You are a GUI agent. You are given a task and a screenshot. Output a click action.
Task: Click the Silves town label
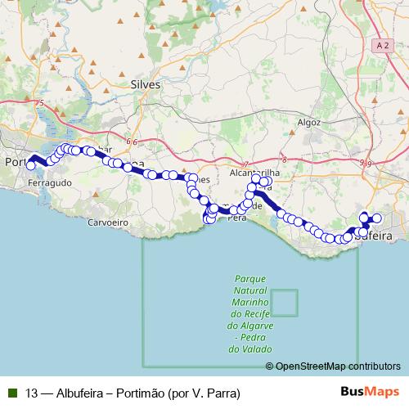pos(146,84)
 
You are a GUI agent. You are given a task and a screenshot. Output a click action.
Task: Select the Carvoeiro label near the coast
pos(109,222)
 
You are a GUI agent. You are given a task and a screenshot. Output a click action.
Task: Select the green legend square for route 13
pos(11,393)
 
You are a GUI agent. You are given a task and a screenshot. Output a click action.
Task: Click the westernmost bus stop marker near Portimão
pos(31,165)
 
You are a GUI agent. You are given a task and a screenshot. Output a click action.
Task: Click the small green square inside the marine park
pos(285,303)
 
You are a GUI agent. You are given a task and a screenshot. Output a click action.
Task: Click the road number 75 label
pos(40,104)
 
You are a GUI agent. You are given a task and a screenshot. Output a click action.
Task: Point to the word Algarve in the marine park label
pos(250,326)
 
